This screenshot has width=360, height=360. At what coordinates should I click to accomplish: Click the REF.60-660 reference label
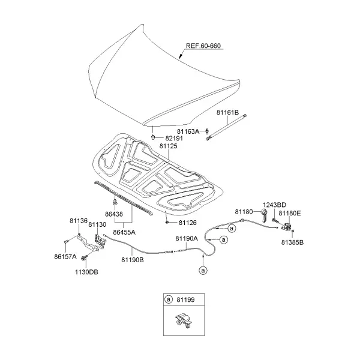click(x=203, y=46)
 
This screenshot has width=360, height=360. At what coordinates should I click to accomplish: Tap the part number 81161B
click(x=228, y=113)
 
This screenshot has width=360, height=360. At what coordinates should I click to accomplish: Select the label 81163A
click(x=188, y=131)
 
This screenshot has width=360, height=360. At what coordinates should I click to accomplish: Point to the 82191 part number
click(x=174, y=138)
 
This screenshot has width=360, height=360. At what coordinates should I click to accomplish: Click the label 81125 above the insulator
click(x=169, y=146)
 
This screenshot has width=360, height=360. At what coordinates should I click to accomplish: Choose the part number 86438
click(x=114, y=214)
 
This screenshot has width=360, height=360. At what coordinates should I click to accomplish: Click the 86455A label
click(x=124, y=232)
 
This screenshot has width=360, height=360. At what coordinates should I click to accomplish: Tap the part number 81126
click(x=188, y=223)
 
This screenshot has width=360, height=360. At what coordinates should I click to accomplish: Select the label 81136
click(x=79, y=221)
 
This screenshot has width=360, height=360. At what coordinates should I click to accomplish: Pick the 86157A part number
click(x=65, y=256)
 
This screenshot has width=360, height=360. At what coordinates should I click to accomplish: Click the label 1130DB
click(x=86, y=272)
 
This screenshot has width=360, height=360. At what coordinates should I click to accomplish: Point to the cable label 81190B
click(x=133, y=260)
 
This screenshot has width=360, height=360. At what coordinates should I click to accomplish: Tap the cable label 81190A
click(x=187, y=239)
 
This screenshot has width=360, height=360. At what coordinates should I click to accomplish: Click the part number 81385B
click(x=293, y=242)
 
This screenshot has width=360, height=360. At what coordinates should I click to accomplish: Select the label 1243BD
click(x=274, y=205)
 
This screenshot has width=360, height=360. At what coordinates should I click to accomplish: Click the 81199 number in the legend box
click(x=185, y=299)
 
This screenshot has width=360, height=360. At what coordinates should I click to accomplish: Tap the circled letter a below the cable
click(x=203, y=271)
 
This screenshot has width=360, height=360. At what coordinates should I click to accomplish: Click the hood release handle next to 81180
click(x=264, y=216)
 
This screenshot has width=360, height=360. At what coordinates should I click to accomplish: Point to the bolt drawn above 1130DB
click(x=84, y=257)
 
